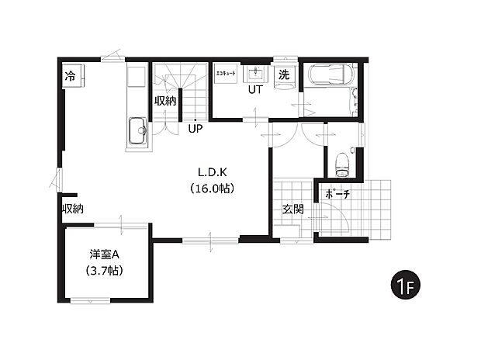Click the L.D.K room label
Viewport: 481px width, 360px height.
[x=213, y=172]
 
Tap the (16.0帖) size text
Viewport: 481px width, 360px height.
[x=213, y=188]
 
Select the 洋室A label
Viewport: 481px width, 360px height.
[x=104, y=254]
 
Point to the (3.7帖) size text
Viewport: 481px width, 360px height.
[x=104, y=271]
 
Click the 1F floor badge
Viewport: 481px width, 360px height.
[x=405, y=285]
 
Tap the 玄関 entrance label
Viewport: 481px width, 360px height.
[x=293, y=209]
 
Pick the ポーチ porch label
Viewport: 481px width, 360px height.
[x=337, y=194]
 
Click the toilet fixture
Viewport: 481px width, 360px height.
[x=343, y=164]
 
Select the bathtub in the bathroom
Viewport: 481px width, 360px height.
[x=330, y=74]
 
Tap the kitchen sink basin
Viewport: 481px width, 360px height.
[x=137, y=131]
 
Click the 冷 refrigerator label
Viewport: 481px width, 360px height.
[x=70, y=76]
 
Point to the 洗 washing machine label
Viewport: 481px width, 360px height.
[x=284, y=74]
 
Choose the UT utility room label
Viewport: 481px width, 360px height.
[x=255, y=90]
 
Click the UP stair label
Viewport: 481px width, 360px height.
[x=196, y=128]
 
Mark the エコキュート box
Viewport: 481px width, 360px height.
[x=226, y=74]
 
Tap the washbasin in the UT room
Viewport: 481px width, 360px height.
[x=255, y=74]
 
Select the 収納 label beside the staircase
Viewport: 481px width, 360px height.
[x=165, y=101]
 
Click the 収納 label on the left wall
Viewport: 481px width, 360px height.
[x=73, y=209]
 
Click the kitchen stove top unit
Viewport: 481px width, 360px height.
[x=137, y=76]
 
